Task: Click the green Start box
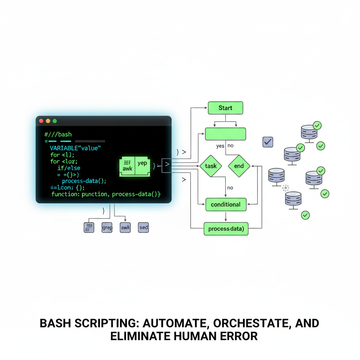coord(225,108)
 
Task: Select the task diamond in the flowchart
coord(211,166)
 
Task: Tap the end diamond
coord(239,166)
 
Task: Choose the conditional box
coord(226,205)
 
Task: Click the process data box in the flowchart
coord(226,229)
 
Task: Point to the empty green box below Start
coord(225,134)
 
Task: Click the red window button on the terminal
coord(41,121)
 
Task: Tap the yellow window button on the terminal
coord(48,121)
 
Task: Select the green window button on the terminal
coord(54,121)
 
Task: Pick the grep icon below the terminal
coord(107,227)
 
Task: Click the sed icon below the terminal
coord(143,227)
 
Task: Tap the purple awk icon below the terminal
coord(125,227)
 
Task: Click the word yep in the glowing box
coord(142,163)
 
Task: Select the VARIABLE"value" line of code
coord(75,148)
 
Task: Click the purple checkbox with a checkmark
coord(268,142)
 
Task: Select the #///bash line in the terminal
coord(58,135)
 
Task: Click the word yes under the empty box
coord(220,146)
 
